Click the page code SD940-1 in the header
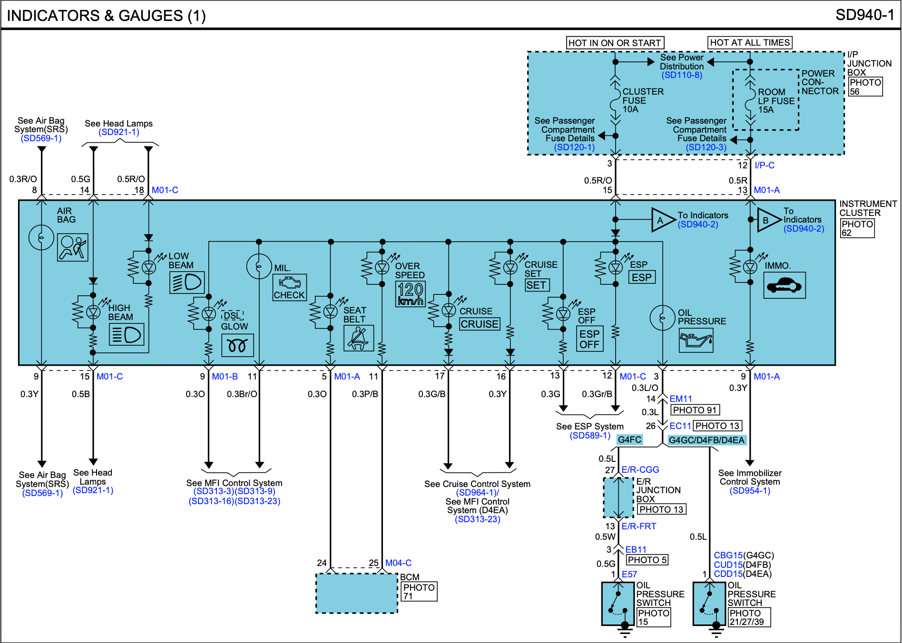click(864, 15)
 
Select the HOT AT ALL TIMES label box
click(750, 43)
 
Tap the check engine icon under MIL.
click(290, 287)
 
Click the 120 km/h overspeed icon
click(411, 294)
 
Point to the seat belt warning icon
click(359, 338)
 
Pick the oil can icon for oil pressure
click(696, 341)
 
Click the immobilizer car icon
click(784, 285)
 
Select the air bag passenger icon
click(73, 247)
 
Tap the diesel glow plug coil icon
click(237, 345)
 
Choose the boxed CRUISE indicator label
click(480, 324)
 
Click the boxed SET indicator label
click(537, 285)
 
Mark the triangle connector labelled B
click(768, 220)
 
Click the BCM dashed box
click(357, 593)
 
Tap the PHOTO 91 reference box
click(695, 410)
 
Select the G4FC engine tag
click(629, 440)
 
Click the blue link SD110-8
click(682, 75)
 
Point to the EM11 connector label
click(681, 399)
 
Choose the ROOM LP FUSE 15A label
click(776, 101)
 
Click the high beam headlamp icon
click(127, 335)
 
